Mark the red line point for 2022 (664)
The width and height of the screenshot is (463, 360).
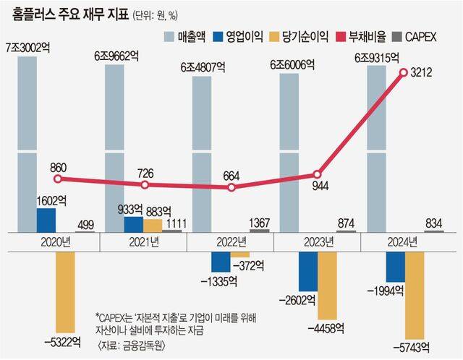pos(231,187)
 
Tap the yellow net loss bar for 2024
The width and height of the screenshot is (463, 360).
pos(414,293)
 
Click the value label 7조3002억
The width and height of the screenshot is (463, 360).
pos(27,47)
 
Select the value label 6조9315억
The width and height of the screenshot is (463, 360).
pos(376,57)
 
